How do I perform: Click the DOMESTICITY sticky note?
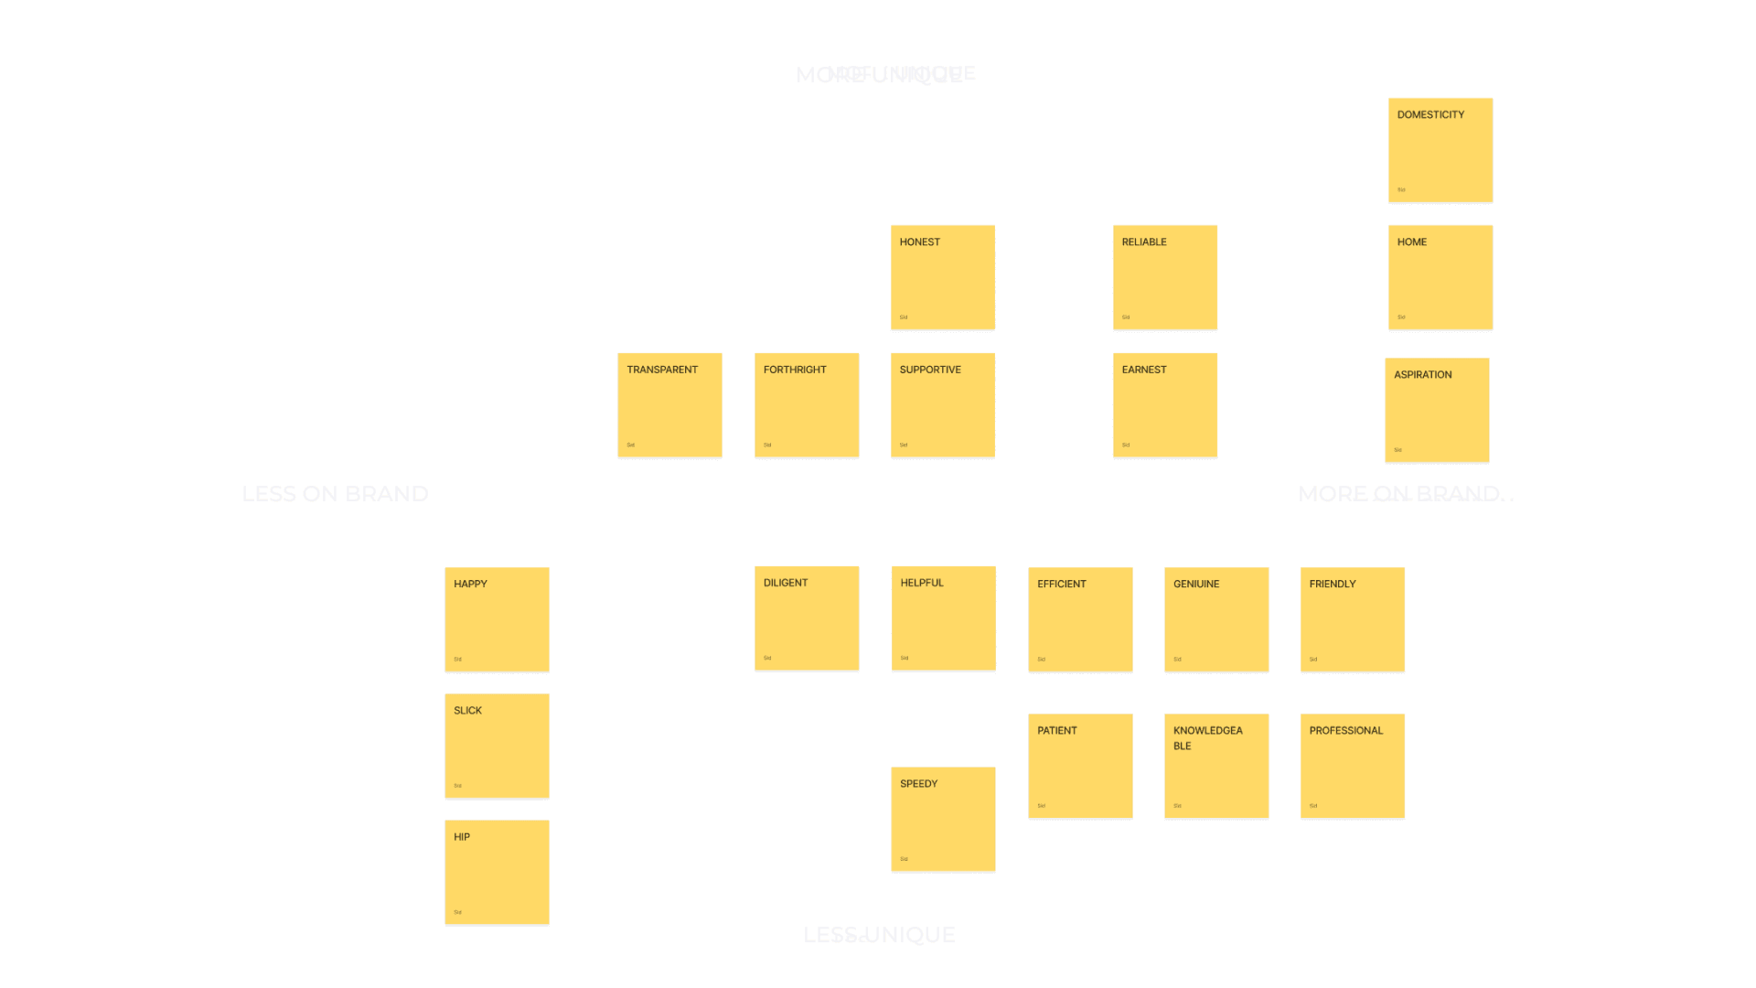point(1440,150)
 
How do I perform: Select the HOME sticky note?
point(1440,277)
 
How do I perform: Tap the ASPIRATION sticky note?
point(1437,410)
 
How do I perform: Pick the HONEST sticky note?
point(943,277)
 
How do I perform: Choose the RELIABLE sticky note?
point(1165,277)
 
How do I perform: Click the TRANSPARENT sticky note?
point(669,404)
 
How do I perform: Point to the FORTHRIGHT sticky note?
point(807,404)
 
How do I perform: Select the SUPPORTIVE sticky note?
point(943,404)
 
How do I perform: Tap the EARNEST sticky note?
point(1165,404)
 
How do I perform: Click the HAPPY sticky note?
point(497,619)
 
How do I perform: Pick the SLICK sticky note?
point(497,746)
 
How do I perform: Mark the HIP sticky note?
point(497,872)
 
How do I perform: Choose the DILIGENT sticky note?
point(807,617)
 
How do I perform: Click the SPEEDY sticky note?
point(943,819)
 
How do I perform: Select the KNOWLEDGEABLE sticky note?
point(1216,766)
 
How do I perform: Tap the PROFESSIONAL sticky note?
point(1353,766)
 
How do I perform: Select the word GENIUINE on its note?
point(1196,584)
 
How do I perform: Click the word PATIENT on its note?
point(1057,731)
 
